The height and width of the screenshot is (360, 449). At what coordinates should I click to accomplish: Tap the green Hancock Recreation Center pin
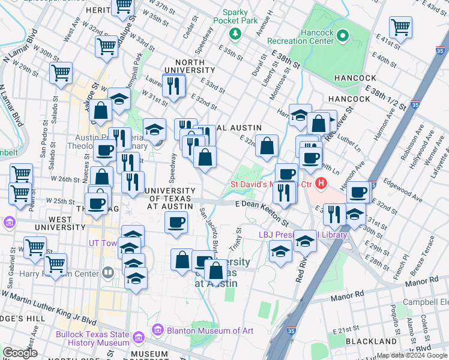[343, 36]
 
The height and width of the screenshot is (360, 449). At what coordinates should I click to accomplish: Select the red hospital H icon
[322, 182]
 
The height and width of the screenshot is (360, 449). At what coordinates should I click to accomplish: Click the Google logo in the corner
[20, 353]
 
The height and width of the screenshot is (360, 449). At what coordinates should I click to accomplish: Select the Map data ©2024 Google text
[411, 355]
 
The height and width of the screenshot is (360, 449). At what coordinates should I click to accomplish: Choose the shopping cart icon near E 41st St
[400, 26]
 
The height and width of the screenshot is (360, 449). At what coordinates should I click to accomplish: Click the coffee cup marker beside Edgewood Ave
[358, 192]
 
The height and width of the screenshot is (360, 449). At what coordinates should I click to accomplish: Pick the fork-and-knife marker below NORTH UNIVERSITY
[174, 85]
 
